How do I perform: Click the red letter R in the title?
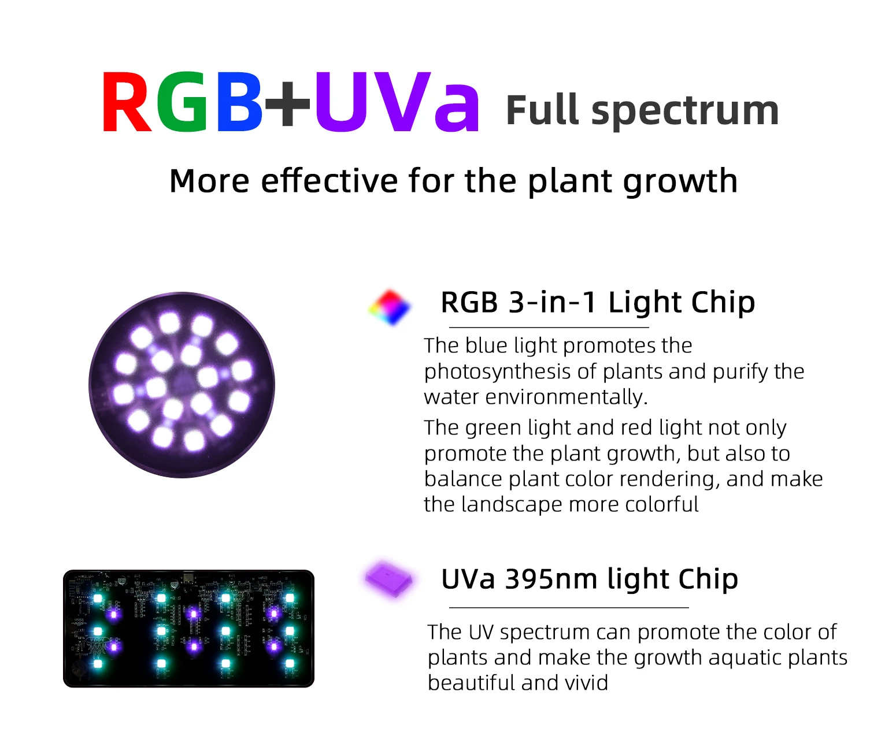coord(126,101)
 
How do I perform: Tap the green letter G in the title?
coord(183,101)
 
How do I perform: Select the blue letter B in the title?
coord(239,101)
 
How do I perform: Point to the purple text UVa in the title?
coord(397,101)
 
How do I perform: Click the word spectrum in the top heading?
coord(684,111)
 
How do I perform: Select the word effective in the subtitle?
coord(329,181)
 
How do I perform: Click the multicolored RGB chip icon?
coord(390,307)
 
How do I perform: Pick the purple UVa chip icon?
coord(388,578)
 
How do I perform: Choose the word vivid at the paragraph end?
coord(586,683)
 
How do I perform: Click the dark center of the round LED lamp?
coord(183,384)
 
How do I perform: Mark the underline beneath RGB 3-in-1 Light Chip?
coord(549,328)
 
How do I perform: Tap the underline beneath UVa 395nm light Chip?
coord(569,608)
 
